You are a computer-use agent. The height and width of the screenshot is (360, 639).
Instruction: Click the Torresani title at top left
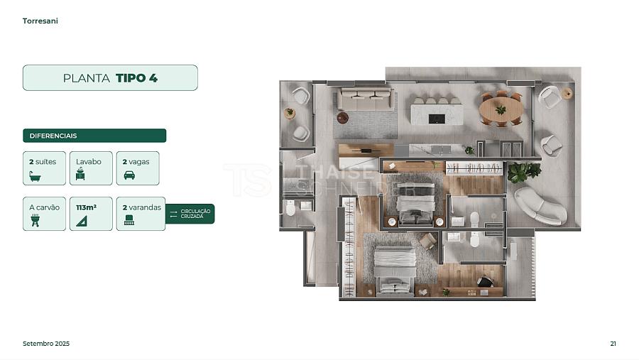(40, 21)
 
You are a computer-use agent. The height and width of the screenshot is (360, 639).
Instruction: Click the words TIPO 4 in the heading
(136, 78)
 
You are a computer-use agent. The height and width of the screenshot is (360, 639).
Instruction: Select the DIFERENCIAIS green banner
(94, 136)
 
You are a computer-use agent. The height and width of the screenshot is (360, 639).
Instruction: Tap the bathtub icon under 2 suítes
(35, 176)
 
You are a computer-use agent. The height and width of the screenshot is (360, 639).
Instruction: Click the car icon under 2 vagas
(129, 175)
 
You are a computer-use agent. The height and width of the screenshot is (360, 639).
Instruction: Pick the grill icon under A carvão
(35, 221)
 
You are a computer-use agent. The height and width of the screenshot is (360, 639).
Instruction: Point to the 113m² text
(87, 207)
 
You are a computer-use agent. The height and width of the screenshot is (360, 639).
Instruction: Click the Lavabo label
(89, 161)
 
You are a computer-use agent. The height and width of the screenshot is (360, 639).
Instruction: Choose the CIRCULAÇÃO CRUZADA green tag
(190, 214)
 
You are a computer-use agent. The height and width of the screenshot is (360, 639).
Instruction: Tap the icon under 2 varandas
(129, 220)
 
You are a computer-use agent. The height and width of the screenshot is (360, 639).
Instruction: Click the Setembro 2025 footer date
(46, 344)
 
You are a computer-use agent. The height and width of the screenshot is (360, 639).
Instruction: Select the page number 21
(613, 344)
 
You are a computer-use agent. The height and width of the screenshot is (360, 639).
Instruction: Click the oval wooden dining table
(501, 109)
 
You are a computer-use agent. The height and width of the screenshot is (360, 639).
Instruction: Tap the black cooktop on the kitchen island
(437, 119)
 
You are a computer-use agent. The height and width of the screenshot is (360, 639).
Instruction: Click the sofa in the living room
(366, 99)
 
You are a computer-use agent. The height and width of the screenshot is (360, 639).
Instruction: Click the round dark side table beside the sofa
(343, 118)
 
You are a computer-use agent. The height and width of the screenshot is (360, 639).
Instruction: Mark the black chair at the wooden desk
(485, 281)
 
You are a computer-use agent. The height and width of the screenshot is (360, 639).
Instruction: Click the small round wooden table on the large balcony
(567, 93)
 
